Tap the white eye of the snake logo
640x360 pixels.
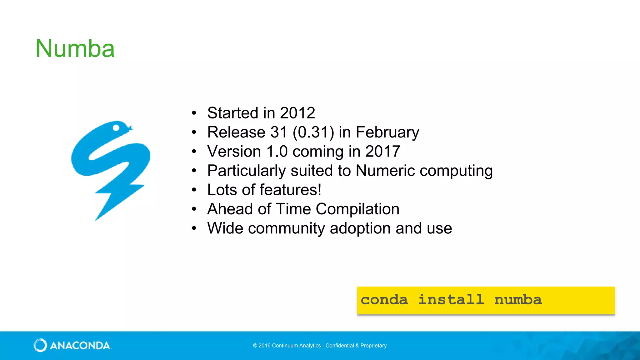click(116, 128)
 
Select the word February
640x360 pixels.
click(387, 132)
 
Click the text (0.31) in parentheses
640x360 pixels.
click(313, 132)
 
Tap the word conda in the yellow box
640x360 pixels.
click(384, 300)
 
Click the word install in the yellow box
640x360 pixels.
click(451, 300)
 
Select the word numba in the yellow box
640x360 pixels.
click(518, 300)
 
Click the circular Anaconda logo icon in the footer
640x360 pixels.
click(40, 345)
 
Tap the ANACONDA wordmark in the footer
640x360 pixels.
click(80, 346)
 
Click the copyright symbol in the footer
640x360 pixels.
click(255, 346)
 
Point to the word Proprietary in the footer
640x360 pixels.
click(373, 346)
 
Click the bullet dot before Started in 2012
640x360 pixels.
click(194, 113)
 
